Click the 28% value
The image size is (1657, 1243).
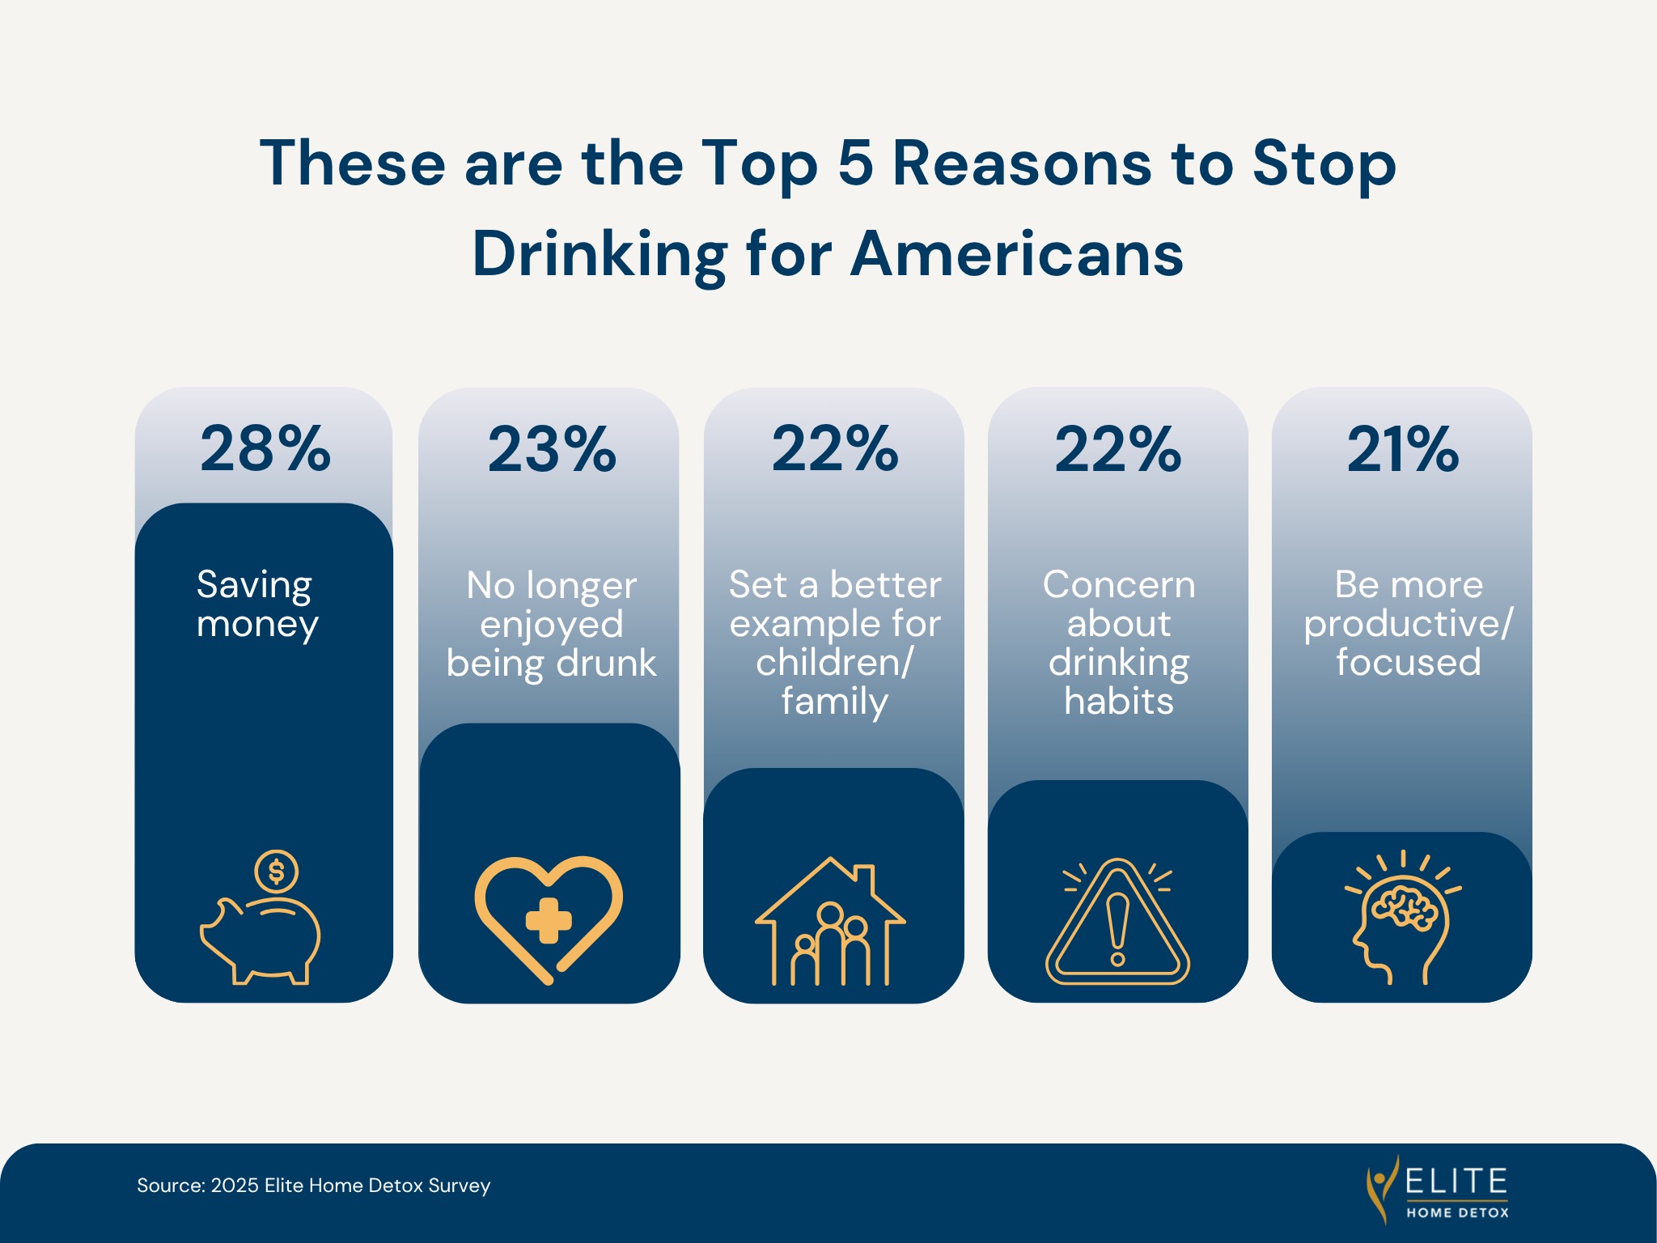point(265,449)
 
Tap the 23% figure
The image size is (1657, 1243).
point(551,449)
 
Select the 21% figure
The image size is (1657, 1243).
point(1402,449)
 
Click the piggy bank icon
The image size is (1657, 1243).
point(261,939)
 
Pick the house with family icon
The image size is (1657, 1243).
point(830,923)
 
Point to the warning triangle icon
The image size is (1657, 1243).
point(1117,923)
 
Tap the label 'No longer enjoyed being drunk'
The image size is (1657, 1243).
point(551,624)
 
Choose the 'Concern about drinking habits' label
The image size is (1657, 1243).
point(1118,642)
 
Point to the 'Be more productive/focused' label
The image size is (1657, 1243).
point(1408,623)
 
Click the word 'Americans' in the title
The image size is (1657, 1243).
point(1017,254)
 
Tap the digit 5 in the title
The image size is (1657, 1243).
point(855,163)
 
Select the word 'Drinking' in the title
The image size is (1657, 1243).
point(600,254)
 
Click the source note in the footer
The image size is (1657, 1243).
point(313,1186)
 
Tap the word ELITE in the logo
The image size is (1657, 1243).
point(1456,1181)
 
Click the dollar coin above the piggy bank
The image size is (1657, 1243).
point(277,872)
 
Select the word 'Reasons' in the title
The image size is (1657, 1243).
point(1022,163)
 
